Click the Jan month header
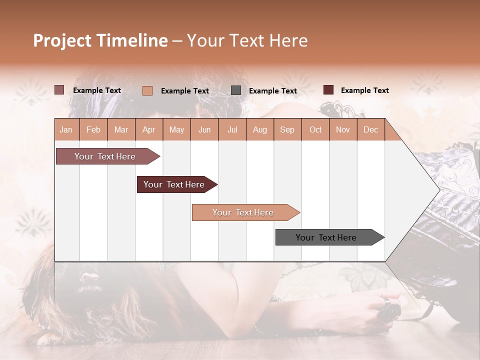tap(66, 129)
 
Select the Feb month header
tap(93, 129)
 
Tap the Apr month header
tap(149, 129)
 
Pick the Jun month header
tap(204, 129)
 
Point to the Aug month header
tap(260, 129)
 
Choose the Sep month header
tap(287, 129)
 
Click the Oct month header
tap(315, 129)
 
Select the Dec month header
tap(371, 129)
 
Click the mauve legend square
tap(59, 90)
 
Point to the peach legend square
tap(147, 90)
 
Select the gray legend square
tap(236, 90)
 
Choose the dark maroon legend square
tap(328, 90)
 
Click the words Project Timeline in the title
tap(100, 40)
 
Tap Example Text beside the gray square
tap(273, 90)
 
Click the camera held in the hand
tap(389, 311)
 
